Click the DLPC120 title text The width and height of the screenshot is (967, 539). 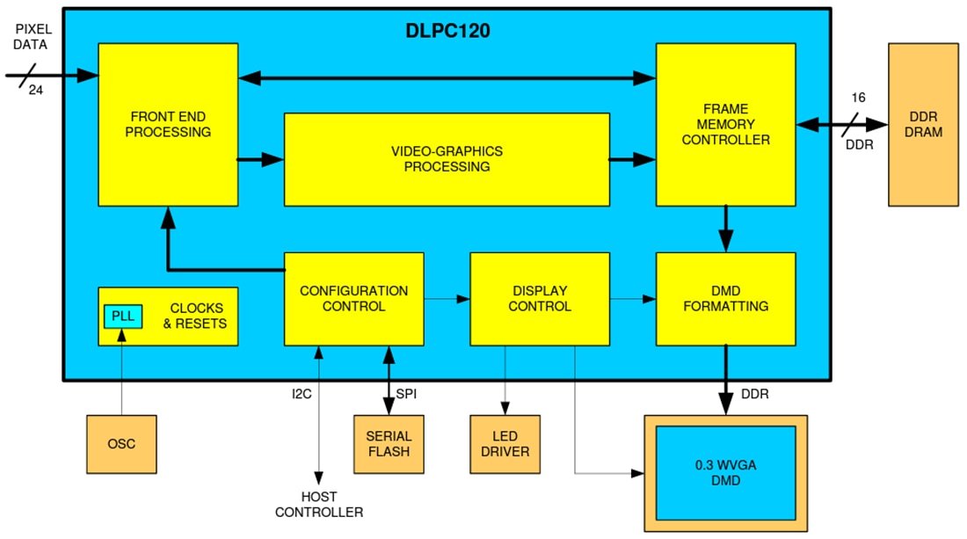447,31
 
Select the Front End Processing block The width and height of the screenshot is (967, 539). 168,124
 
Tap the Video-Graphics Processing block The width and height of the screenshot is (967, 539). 447,159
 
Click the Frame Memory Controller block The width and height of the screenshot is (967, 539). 725,124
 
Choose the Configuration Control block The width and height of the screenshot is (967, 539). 353,299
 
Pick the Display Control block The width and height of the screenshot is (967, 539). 540,299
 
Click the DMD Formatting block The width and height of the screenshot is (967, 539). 725,299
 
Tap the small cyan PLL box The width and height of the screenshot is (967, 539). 122,316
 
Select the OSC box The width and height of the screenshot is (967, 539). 121,444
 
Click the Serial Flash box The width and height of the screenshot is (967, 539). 389,444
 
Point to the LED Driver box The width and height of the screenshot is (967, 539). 505,444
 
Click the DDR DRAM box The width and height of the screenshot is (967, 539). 923,125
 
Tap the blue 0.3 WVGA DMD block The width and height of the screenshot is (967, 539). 725,473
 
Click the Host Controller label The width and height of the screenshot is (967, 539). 318,505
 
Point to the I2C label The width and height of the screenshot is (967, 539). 302,394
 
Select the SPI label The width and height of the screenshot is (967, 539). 406,394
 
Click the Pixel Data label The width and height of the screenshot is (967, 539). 32,37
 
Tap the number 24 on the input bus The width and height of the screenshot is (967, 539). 35,90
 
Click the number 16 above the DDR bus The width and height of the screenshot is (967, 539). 859,98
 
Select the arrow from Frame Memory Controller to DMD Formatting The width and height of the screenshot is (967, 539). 725,229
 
